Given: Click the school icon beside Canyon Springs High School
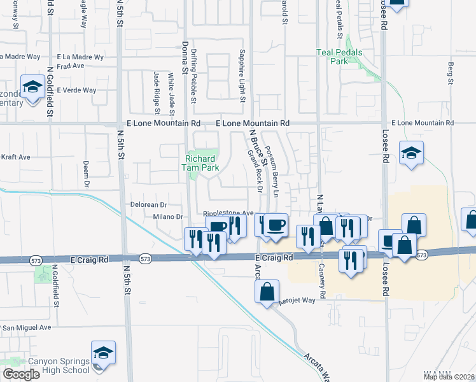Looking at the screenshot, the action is point(103,352).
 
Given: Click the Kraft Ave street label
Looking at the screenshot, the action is point(15,157).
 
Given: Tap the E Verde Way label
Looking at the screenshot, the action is point(77,90).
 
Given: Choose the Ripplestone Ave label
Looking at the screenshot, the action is point(228,214).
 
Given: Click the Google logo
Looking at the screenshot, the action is point(20,374).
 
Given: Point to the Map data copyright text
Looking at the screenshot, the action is point(449,377).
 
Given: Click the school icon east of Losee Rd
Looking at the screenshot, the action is point(412,153).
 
